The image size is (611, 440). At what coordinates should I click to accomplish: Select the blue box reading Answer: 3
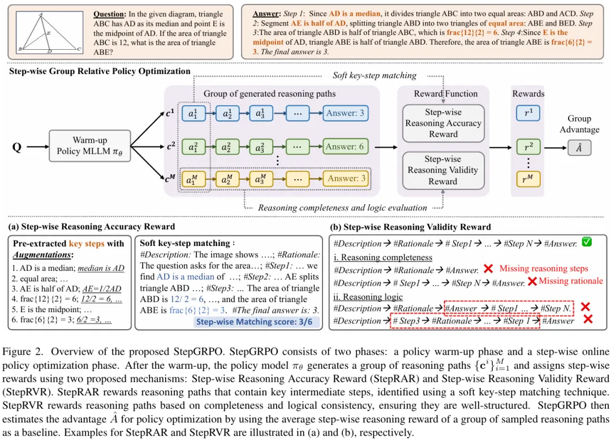point(345,114)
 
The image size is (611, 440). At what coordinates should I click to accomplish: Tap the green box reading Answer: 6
point(345,147)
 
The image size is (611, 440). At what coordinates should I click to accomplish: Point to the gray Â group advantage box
point(579,147)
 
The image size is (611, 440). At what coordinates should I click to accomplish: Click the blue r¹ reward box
point(528,114)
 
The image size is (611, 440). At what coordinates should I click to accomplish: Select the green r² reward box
point(528,147)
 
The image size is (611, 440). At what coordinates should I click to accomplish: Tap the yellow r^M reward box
point(528,179)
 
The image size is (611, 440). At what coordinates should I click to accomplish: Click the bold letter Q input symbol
point(17,147)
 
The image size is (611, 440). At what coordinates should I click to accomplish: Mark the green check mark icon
point(587,243)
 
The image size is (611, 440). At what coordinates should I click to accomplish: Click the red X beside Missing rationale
point(532,281)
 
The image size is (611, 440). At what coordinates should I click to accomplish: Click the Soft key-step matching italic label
point(374,75)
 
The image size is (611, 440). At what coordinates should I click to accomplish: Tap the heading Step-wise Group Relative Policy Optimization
point(100,71)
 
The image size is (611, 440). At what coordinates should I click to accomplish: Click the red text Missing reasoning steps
point(544,269)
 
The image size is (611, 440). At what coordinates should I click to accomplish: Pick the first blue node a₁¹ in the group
point(193,114)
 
